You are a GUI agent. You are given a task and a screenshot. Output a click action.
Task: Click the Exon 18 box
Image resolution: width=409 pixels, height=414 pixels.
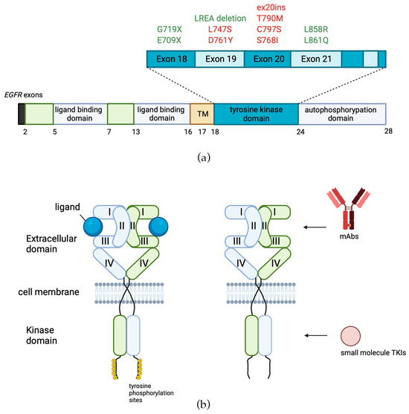coord(170,56)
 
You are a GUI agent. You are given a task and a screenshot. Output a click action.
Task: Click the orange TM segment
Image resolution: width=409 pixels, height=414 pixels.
coord(202,113)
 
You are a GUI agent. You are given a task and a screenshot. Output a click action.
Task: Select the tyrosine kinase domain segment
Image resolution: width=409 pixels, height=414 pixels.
coord(255,113)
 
